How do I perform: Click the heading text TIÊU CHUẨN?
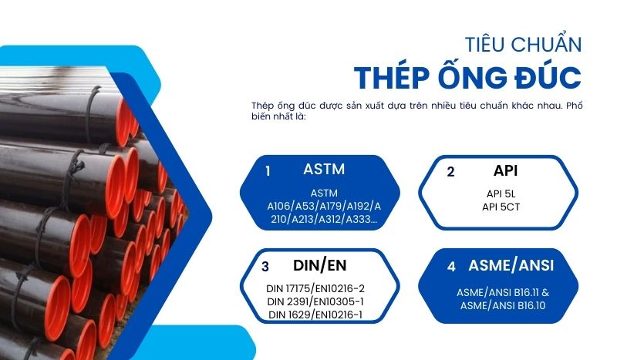tap(523, 43)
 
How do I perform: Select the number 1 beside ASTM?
tap(268, 171)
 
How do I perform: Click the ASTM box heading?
tap(324, 169)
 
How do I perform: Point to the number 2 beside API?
tap(450, 172)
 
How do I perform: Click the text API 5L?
tap(503, 194)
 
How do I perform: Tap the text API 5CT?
tap(503, 207)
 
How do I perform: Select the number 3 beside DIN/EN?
tap(265, 267)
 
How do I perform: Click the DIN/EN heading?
tap(320, 265)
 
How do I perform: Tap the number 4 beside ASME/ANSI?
tap(451, 267)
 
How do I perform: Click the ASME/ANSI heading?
tap(511, 266)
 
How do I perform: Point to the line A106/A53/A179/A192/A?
tap(324, 207)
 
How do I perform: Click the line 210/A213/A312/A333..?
tap(324, 219)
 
